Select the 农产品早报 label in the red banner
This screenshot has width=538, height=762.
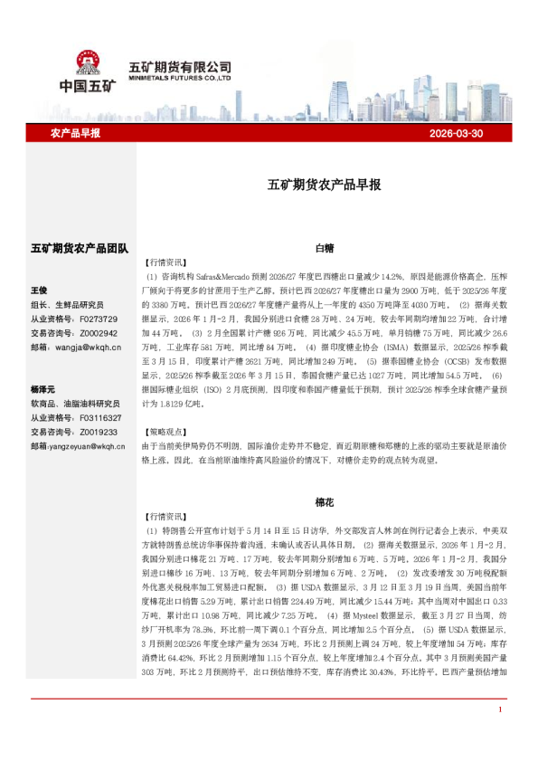75,133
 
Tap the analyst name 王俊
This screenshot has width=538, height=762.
39,291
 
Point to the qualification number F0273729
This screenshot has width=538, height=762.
99,319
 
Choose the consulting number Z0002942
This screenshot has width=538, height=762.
99,333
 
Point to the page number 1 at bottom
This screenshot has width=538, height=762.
500,735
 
